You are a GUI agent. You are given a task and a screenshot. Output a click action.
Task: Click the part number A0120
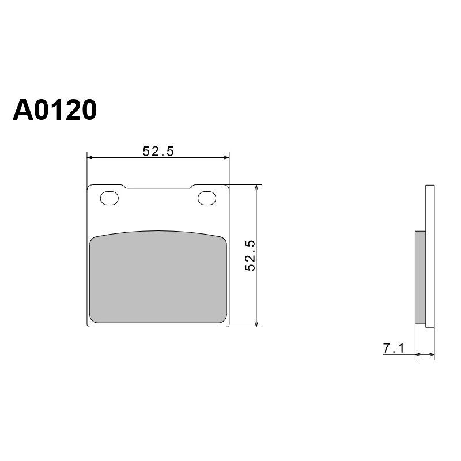(x=55, y=110)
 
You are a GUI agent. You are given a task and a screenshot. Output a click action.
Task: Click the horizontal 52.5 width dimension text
(x=158, y=152)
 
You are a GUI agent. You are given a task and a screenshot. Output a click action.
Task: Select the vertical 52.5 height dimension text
(x=250, y=255)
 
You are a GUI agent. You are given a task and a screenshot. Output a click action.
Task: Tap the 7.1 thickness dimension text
(x=394, y=349)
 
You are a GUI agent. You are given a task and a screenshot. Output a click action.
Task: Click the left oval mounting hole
(x=109, y=198)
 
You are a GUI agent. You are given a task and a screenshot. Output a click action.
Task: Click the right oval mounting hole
(x=207, y=198)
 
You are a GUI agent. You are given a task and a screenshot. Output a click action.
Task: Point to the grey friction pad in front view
(x=158, y=277)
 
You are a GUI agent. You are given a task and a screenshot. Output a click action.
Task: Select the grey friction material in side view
(x=421, y=277)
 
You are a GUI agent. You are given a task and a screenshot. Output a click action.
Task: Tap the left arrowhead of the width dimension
(x=90, y=158)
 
